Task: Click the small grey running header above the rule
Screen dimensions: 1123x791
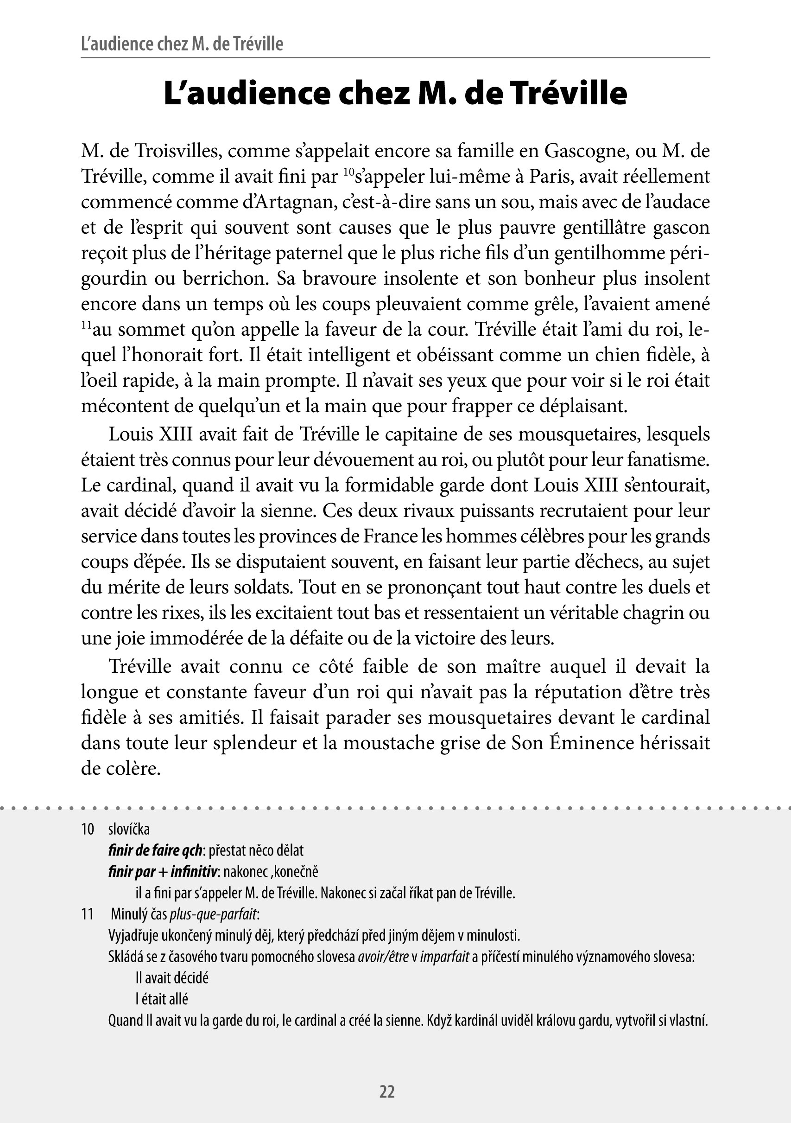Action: [182, 44]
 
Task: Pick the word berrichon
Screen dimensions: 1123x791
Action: [225, 278]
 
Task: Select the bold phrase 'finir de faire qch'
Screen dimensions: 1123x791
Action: [155, 850]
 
